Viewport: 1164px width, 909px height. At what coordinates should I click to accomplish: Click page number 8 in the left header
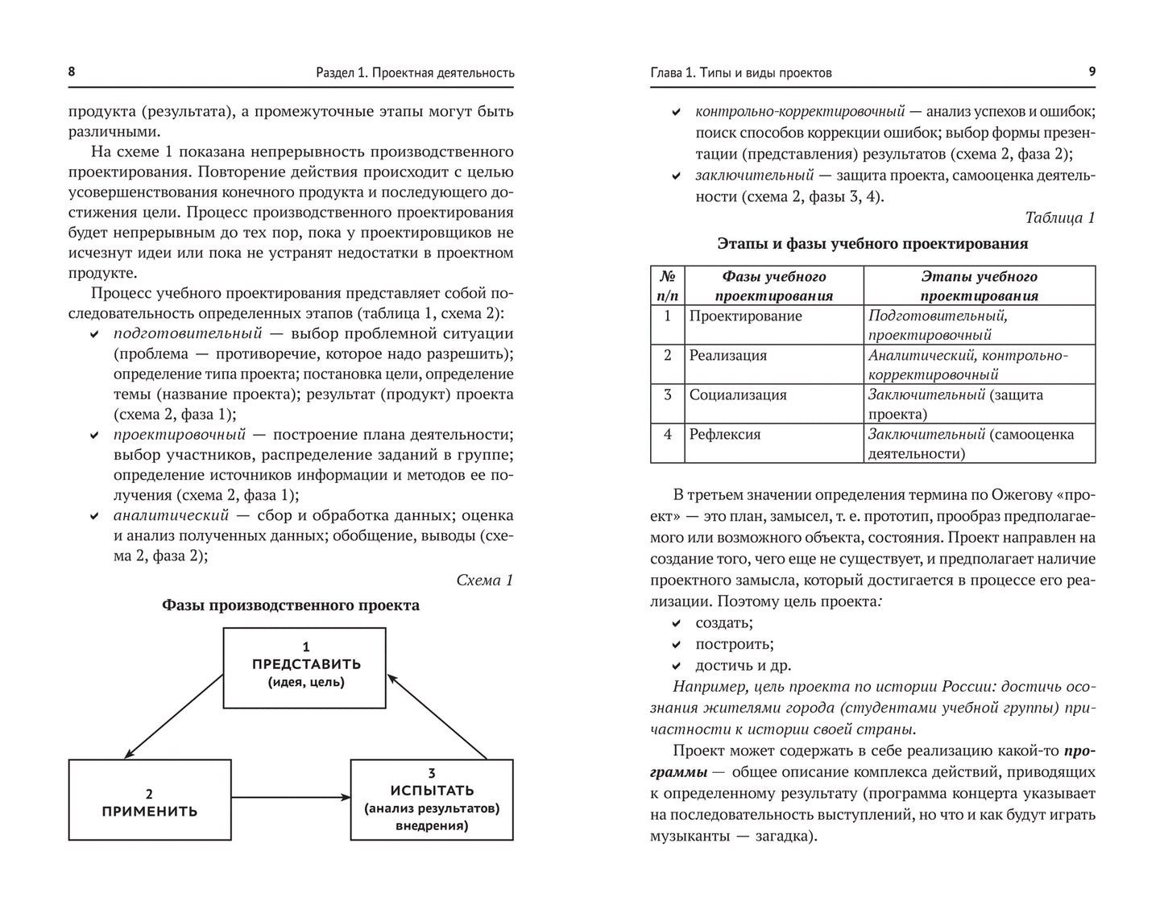coord(72,72)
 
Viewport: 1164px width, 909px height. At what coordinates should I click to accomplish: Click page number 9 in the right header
coord(1092,72)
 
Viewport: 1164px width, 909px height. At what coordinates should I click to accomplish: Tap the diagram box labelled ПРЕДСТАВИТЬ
coord(305,667)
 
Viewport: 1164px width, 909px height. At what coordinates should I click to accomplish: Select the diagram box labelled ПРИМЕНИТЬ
coord(149,800)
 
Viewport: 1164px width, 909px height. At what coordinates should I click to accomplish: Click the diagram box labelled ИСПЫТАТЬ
coord(432,800)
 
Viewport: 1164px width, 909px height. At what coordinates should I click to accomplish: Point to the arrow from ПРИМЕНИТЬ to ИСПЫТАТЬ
coord(290,797)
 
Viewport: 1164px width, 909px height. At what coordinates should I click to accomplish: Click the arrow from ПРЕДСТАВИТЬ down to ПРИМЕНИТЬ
coord(174,715)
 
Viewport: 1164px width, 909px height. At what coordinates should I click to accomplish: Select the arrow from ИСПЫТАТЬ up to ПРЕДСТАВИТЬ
coord(438,715)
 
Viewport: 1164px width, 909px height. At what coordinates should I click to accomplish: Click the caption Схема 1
coord(484,580)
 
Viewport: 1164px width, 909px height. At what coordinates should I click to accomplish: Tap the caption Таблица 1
coord(1059,217)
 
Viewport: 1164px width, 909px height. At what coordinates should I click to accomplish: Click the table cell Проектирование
coord(745,316)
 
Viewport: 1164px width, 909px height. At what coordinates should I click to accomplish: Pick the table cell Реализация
coord(727,355)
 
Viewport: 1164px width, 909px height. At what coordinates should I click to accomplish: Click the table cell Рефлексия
coord(724,434)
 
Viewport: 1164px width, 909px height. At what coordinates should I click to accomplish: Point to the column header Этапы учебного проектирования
coord(979,286)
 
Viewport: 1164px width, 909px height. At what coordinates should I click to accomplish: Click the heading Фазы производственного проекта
coord(291,605)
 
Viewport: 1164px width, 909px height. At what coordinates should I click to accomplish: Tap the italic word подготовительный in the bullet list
coord(188,333)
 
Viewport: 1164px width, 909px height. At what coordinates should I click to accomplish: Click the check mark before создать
coord(677,623)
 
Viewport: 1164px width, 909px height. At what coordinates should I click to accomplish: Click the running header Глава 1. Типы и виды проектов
coord(740,72)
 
